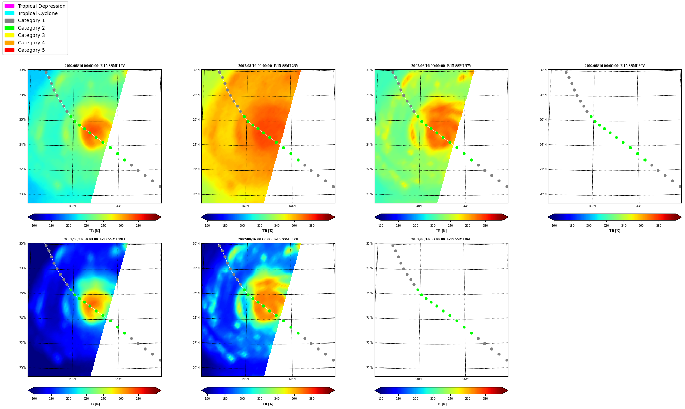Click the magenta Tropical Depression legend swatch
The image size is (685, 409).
9,6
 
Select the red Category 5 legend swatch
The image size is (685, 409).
9,50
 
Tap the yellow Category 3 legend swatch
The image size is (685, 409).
9,35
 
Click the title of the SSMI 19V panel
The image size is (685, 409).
95,66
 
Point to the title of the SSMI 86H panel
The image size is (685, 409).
442,239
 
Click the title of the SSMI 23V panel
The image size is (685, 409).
268,66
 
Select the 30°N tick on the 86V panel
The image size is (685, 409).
543,70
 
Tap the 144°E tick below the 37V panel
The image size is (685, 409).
466,206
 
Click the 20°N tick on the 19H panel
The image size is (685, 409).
23,368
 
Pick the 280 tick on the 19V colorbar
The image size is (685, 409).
138,226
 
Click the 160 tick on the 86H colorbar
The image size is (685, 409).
381,399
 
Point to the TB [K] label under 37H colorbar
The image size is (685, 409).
268,404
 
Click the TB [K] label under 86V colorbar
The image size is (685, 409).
615,231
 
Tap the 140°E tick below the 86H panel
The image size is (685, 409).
419,379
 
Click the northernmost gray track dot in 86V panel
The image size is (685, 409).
566,72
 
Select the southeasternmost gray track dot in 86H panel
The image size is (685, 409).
507,360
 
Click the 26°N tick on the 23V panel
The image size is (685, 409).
196,120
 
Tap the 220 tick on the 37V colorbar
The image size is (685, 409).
433,226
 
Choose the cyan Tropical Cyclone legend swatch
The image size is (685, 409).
9,13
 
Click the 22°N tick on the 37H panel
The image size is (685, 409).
196,343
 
